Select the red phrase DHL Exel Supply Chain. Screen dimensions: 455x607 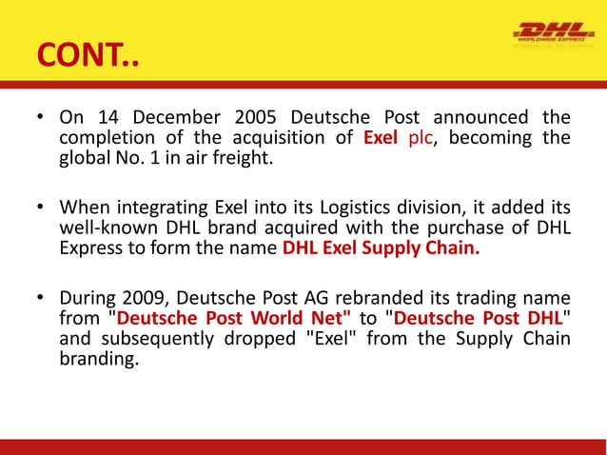382,249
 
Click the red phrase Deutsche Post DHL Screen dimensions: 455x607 477,319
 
